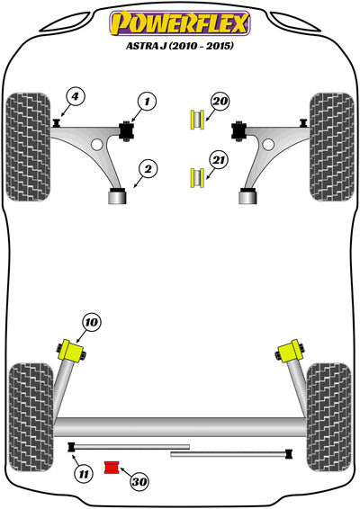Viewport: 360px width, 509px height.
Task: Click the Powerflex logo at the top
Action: [180, 23]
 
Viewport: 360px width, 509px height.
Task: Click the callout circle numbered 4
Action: [75, 97]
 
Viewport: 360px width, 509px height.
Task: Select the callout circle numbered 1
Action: [147, 102]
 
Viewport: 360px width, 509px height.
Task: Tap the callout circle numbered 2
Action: [148, 169]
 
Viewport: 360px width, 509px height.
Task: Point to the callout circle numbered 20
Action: [220, 101]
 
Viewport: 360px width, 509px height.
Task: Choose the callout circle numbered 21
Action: [219, 160]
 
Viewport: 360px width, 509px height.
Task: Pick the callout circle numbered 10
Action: [91, 322]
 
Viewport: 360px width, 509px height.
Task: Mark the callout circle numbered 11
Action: [84, 474]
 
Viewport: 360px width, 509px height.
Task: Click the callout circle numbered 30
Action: [139, 481]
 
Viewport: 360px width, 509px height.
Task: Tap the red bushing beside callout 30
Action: [112, 467]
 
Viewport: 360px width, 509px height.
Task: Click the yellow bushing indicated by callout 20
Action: [196, 120]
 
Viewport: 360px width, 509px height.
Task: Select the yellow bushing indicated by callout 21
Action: [196, 177]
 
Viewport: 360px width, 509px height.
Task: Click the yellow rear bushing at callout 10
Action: [71, 350]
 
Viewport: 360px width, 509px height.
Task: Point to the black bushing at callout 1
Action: [127, 130]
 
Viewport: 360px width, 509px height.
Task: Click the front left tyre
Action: [28, 147]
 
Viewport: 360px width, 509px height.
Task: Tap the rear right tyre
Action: [329, 417]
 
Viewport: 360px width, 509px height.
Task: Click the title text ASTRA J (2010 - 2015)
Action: [180, 46]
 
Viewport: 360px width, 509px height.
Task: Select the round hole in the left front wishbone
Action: [97, 144]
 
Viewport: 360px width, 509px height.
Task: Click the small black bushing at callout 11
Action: [71, 447]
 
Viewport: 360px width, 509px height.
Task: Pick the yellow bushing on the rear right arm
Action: [290, 351]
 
